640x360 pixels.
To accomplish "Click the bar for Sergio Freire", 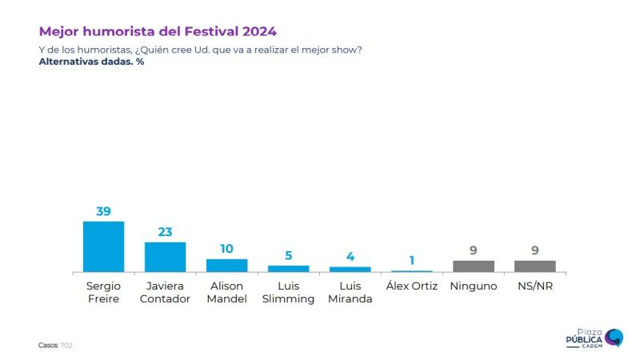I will point(104,246).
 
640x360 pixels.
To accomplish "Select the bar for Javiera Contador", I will point(166,257).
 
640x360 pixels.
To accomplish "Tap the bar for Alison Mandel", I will point(227,266).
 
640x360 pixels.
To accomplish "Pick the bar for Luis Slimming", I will point(288,269).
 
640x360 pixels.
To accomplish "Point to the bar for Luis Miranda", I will point(350,270).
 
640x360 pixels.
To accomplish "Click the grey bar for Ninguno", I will point(473,266).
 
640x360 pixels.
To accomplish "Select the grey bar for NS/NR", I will point(534,266).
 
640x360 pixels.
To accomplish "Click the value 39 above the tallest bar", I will point(104,211).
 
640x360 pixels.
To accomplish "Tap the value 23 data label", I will point(166,232).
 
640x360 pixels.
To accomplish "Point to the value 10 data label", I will point(227,249).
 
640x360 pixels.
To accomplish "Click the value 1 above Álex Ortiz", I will point(411,261).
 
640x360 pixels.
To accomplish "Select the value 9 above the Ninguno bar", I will point(473,250).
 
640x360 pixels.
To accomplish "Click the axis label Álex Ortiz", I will point(411,286).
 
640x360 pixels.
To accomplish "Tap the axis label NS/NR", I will point(534,286).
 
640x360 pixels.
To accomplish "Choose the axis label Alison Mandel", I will point(227,292).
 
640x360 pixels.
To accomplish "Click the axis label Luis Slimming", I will point(288,292).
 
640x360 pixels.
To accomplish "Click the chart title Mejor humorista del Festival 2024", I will point(158,32).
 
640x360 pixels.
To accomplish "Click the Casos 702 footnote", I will point(55,345).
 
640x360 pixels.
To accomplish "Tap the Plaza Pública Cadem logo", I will point(594,338).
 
